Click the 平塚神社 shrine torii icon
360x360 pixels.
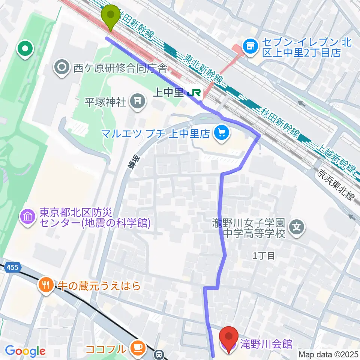tap(138, 101)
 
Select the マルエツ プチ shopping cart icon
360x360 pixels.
tap(222, 133)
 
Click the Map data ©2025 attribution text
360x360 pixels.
tap(328, 354)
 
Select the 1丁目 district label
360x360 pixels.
tap(264, 256)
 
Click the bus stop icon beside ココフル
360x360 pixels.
tap(160, 354)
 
